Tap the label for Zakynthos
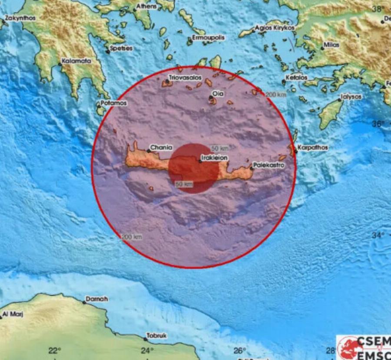pos(20,18)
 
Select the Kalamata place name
pos(76,61)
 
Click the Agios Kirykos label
pos(275,28)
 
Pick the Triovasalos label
pos(186,77)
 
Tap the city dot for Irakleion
pos(200,161)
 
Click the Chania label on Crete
pos(161,148)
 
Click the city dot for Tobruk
pos(145,339)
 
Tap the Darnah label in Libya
pos(96,299)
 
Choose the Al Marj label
pos(13,313)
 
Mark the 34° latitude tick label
pos(378,235)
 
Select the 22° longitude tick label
pos(54,351)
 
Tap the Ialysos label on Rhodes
pos(351,97)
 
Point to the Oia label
pos(218,93)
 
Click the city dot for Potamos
pos(98,104)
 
